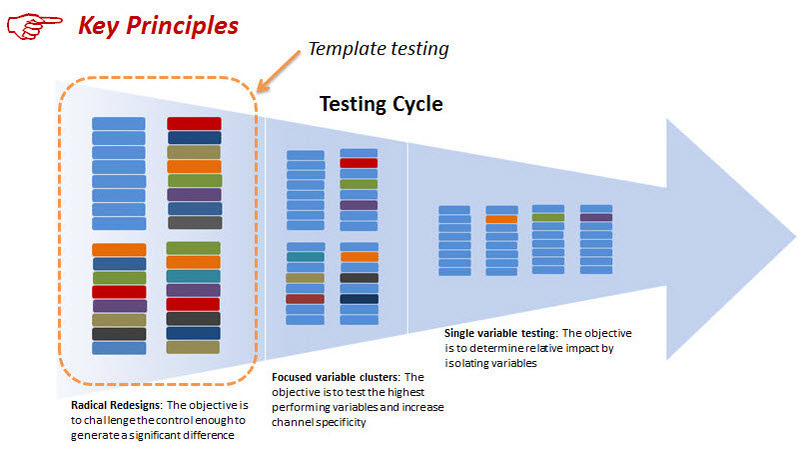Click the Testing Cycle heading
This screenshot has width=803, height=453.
(381, 104)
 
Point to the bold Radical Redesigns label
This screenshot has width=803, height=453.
(115, 406)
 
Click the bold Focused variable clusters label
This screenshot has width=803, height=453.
(335, 377)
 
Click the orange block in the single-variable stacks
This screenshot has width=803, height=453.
(501, 218)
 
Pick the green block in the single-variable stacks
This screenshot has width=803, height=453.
(548, 217)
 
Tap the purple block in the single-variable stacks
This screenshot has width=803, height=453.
(596, 217)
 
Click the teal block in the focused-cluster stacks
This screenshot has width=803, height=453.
(305, 257)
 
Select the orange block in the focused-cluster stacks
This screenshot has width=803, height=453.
(359, 257)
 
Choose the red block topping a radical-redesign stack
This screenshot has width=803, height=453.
(194, 124)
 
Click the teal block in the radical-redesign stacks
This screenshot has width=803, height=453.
(193, 276)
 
